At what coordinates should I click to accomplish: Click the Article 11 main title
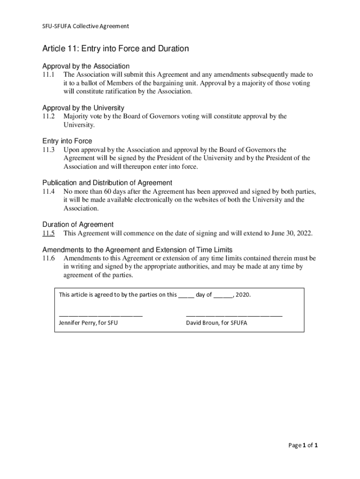coord(115,49)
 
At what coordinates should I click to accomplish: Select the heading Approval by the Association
coord(86,66)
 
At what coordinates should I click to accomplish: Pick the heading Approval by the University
coord(83,108)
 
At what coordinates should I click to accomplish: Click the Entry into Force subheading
coord(67,141)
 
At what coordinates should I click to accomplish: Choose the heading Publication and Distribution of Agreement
coord(108,182)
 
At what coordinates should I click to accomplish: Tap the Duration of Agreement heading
coord(78,225)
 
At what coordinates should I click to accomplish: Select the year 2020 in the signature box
coord(243,295)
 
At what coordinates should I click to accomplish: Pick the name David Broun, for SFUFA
coord(216,323)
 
